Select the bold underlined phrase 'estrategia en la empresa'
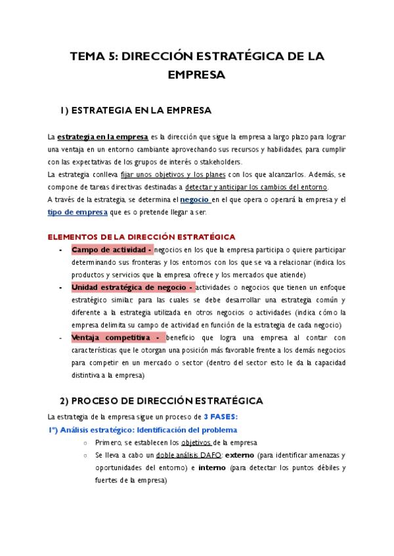click(x=102, y=137)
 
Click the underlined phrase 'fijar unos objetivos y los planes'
click(x=173, y=174)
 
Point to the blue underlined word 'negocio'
click(x=196, y=199)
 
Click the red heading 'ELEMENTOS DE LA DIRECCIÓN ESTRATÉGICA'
click(x=141, y=237)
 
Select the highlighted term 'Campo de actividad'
click(x=111, y=250)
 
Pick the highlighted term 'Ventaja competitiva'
click(x=112, y=338)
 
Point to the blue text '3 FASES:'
click(x=221, y=417)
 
